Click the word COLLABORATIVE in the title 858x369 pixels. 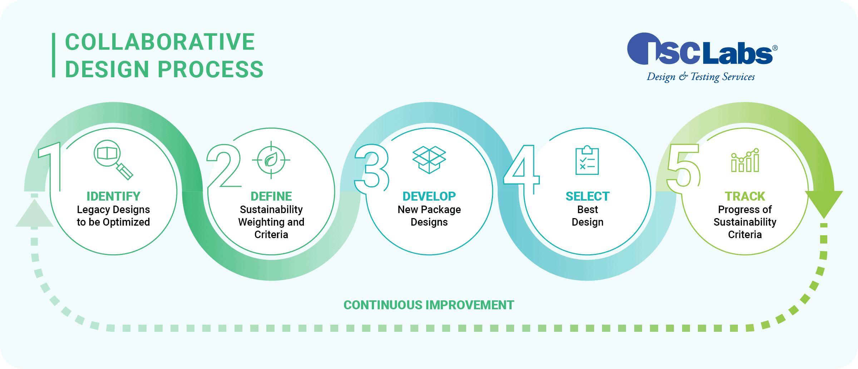[x=160, y=42]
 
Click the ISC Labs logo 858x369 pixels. [x=702, y=49]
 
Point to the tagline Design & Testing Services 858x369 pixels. [x=701, y=77]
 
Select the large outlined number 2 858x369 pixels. [x=224, y=166]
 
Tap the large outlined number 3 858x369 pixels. [x=372, y=168]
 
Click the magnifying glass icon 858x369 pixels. [x=113, y=159]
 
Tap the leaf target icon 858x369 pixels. [x=271, y=160]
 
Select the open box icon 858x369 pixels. [x=429, y=160]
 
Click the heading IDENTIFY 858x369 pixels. [x=113, y=196]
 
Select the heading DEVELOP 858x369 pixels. [x=429, y=196]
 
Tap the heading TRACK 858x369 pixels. [x=745, y=196]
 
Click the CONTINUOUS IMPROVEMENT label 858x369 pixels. [x=429, y=305]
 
